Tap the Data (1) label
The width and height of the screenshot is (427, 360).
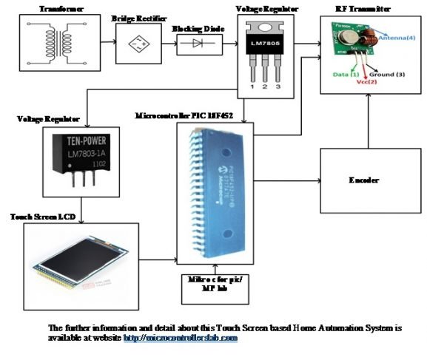pos(346,74)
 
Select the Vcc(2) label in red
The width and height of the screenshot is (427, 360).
pos(367,81)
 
